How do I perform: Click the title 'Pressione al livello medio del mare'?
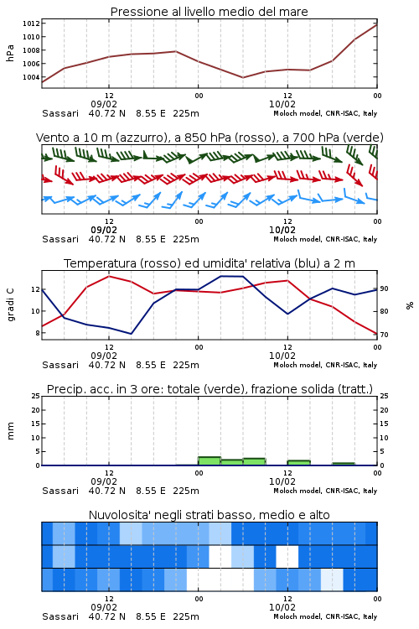click(x=209, y=12)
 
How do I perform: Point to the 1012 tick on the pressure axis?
click(x=31, y=23)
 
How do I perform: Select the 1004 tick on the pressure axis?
click(x=31, y=77)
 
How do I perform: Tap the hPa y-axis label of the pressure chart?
click(x=10, y=53)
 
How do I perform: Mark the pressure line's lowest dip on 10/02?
click(x=243, y=77)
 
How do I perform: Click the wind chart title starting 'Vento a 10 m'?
click(x=209, y=138)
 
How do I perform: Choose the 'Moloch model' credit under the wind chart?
click(x=325, y=239)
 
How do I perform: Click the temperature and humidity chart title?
click(x=209, y=263)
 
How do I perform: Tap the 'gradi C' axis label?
click(x=11, y=305)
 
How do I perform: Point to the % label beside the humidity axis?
click(x=410, y=305)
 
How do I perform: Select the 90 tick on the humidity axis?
click(x=384, y=289)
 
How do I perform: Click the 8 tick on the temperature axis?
click(x=38, y=333)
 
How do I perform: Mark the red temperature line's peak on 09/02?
click(x=109, y=276)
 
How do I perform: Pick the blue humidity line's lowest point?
click(x=131, y=334)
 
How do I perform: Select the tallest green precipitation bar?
click(x=209, y=461)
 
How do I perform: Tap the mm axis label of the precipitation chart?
click(x=11, y=431)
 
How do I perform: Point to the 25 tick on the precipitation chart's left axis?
click(x=36, y=396)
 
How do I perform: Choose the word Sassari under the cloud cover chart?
click(x=60, y=616)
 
